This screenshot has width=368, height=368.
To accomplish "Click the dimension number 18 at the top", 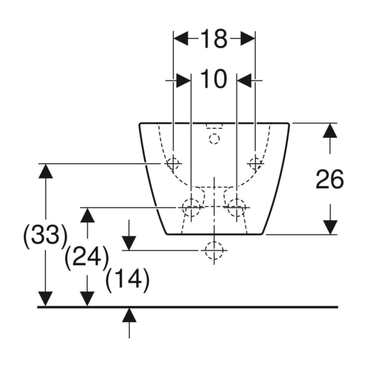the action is [214, 39].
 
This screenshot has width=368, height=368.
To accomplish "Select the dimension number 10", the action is [214, 79].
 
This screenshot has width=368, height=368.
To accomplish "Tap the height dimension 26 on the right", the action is [330, 180].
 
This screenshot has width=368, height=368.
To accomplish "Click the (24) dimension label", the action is [87, 257].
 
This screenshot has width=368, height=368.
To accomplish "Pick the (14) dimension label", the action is [127, 279].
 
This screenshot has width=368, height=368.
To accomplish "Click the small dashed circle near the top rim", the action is [214, 139].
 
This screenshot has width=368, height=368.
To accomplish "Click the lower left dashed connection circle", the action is [191, 207].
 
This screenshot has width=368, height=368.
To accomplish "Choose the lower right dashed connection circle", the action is [237, 207].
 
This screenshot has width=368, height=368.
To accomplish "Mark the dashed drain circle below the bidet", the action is [214, 251].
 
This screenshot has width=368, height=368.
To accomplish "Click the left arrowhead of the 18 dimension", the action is [181, 38].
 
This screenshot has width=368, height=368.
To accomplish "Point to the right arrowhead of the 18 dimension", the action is [248, 38].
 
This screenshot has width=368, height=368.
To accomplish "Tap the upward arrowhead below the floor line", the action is [129, 315].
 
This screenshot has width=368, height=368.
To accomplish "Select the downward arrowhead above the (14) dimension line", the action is [129, 243].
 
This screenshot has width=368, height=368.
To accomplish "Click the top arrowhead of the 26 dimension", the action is [330, 130].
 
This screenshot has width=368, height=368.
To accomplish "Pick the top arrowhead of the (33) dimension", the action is [45, 171].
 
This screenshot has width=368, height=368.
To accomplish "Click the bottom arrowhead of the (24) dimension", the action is [87, 299].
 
